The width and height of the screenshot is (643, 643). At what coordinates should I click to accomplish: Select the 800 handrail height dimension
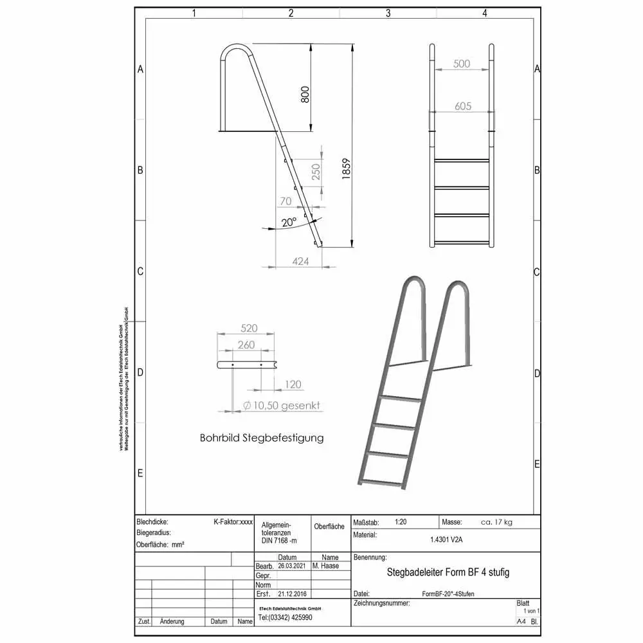coord(305,94)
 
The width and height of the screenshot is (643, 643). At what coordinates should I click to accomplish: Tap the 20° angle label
coord(289,222)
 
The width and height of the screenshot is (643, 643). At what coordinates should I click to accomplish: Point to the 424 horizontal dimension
coord(300,261)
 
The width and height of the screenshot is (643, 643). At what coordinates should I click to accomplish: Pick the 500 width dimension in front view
coord(462,64)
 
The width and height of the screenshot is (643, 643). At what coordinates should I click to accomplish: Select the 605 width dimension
coord(463,106)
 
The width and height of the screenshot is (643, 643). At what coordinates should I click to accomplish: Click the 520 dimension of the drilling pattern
coord(249,328)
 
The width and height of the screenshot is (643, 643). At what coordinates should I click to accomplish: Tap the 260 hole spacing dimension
coord(246,345)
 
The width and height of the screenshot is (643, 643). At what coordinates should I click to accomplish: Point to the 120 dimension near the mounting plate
coord(293,385)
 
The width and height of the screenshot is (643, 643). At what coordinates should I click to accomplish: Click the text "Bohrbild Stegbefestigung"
coord(262,438)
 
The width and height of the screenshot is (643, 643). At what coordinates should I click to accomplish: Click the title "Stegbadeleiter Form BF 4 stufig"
coord(448,572)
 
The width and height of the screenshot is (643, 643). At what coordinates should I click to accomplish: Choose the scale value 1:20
coord(401,522)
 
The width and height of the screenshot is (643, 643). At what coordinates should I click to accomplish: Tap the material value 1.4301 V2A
coord(446,539)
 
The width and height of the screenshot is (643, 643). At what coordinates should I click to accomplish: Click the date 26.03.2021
coord(293,566)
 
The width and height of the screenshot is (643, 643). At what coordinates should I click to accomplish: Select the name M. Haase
coord(325,566)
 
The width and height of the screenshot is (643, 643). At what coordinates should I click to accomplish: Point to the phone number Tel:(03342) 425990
coord(285,617)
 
